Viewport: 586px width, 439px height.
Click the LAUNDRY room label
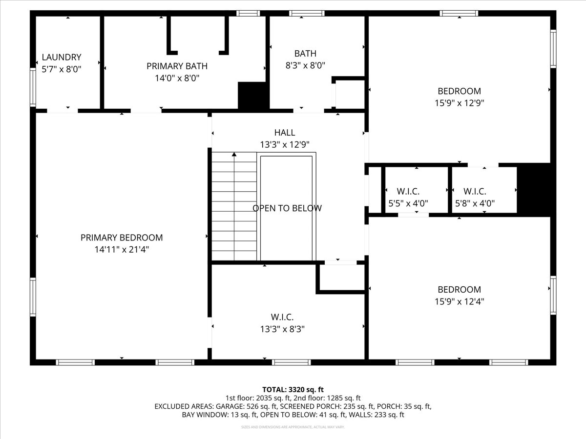tap(62, 57)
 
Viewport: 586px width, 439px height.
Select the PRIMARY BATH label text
tap(177, 66)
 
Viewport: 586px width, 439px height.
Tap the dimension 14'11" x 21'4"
tap(122, 249)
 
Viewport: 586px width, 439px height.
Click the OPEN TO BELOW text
tap(287, 208)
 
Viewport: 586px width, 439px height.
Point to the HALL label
tap(284, 132)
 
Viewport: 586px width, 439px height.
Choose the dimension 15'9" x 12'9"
tap(459, 103)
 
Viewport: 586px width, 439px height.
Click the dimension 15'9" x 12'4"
tap(459, 301)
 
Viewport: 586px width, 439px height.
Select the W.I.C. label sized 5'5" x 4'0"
tap(408, 192)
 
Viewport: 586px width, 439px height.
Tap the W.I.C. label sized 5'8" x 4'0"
tap(475, 192)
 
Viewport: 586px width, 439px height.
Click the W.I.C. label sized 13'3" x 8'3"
tap(282, 317)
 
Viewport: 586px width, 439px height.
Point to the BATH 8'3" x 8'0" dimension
tap(305, 65)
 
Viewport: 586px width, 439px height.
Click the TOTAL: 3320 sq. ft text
tap(293, 389)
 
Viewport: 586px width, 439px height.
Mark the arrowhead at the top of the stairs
tap(234, 155)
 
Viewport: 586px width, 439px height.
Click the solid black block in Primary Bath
tap(253, 96)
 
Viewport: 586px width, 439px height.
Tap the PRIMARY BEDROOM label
tap(122, 238)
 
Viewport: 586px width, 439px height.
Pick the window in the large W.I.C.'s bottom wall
tap(291, 362)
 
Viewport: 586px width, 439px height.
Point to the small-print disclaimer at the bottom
tap(293, 427)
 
